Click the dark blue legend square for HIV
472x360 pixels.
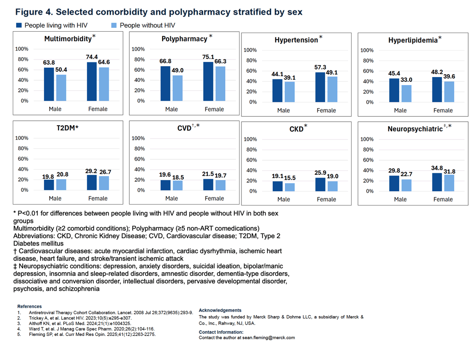19,26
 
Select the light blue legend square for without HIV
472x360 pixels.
114,26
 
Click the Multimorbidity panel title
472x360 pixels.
68,39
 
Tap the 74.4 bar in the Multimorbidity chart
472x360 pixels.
92,82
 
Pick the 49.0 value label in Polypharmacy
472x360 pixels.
178,70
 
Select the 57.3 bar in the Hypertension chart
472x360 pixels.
320,87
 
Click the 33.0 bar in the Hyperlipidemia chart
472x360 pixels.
406,94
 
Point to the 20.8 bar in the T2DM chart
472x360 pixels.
61,185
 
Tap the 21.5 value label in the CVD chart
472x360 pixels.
208,174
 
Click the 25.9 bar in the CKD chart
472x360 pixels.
320,185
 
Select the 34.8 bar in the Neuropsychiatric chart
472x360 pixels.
437,182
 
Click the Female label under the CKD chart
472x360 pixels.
326,199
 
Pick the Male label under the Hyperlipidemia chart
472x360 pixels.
400,111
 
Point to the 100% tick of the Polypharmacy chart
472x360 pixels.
138,49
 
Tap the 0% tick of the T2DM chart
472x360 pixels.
25,190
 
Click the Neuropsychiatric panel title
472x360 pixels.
415,129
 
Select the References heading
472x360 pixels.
29,307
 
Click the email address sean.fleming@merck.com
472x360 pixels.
268,338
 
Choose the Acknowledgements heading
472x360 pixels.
220,310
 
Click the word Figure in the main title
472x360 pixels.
29,12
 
